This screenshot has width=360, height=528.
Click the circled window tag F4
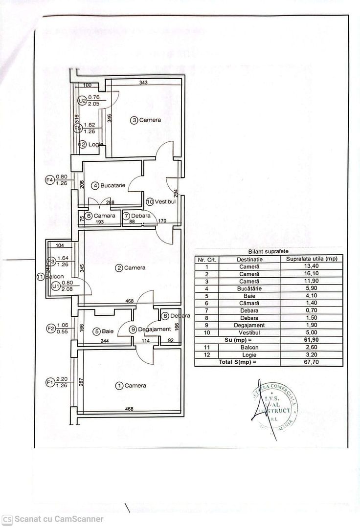[49, 180]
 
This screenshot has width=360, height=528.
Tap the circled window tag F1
[49, 382]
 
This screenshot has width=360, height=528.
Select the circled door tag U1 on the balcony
[56, 286]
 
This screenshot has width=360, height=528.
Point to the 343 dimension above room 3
[143, 82]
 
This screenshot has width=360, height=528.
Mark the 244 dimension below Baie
[105, 341]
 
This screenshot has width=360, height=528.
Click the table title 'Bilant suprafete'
[269, 250]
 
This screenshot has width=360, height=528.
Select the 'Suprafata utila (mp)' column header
[311, 259]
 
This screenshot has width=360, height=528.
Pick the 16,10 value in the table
[311, 274]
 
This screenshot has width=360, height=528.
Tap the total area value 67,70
[311, 362]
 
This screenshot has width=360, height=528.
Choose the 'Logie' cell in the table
[250, 354]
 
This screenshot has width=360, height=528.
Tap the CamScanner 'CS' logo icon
[7, 519]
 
